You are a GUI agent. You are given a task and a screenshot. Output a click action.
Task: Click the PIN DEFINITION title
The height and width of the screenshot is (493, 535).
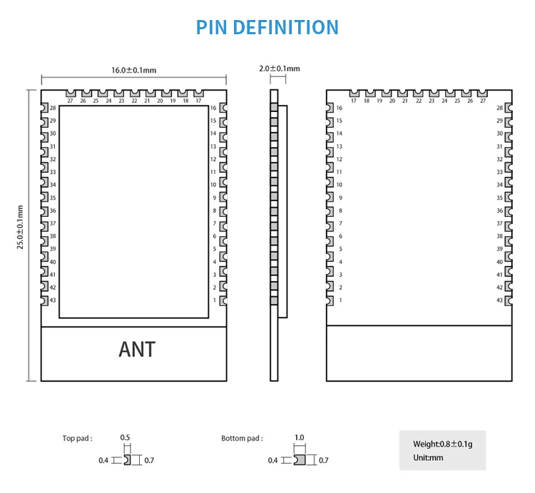[x=267, y=28]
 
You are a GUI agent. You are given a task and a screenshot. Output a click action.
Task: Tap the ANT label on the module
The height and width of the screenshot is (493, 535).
[x=136, y=350]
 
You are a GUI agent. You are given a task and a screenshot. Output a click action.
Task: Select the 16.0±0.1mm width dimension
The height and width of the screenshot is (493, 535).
[x=133, y=70]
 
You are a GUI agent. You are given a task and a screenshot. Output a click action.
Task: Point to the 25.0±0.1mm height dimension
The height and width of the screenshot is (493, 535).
[x=21, y=227]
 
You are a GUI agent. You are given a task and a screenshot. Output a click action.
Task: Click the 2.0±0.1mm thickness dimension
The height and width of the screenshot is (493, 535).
[x=279, y=68]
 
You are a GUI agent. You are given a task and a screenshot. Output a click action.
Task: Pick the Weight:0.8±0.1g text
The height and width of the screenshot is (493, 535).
[x=442, y=444]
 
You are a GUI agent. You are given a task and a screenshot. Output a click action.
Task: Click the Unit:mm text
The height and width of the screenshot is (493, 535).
[x=428, y=457]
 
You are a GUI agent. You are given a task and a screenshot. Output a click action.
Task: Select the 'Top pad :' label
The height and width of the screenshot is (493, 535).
[x=77, y=438]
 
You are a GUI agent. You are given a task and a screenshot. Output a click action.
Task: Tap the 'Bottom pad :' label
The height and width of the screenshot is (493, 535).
[x=242, y=438]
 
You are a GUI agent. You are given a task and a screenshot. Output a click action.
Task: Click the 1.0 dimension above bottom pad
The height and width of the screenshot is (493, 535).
[x=300, y=437]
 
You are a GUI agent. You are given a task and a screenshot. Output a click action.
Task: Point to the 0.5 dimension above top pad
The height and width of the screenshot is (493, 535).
[x=126, y=437]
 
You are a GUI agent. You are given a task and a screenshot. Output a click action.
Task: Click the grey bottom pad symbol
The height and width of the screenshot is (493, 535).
[x=300, y=460]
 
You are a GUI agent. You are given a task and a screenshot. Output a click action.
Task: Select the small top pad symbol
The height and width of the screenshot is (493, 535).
[x=127, y=460]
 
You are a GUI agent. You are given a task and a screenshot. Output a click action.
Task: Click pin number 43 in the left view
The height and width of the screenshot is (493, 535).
[x=53, y=300]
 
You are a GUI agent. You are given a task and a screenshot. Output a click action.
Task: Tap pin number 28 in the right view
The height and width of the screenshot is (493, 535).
[x=499, y=108]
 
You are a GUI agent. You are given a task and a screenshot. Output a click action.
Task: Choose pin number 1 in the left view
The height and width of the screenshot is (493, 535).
[x=214, y=300]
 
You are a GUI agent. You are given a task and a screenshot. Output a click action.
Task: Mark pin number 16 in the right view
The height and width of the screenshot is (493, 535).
[x=340, y=108]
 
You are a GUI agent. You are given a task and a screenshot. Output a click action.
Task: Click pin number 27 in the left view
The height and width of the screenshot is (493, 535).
[x=70, y=101]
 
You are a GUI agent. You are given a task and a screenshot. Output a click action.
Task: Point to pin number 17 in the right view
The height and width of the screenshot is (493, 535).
[x=353, y=101]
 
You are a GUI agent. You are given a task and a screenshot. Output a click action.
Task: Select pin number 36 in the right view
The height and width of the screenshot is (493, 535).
[x=499, y=210]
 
